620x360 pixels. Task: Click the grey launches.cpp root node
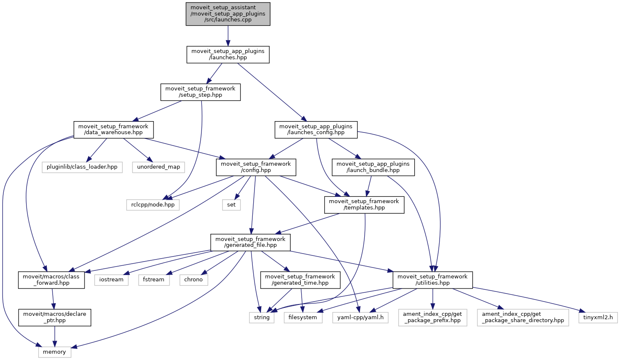pos(228,14)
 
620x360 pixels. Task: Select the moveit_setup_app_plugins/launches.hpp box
pos(228,55)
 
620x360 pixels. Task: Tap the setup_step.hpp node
pos(200,92)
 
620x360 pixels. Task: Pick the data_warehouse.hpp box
pos(113,130)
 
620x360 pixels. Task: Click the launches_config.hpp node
pos(316,130)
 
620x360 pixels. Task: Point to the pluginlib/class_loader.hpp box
pos(82,167)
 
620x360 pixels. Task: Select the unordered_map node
pos(159,167)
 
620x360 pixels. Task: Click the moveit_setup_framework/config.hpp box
pos(256,167)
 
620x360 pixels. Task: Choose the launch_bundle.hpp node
pos(373,167)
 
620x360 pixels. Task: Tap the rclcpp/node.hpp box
pos(153,205)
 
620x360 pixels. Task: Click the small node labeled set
pos(231,205)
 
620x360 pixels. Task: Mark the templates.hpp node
pos(364,204)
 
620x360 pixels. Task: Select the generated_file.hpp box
pos(250,242)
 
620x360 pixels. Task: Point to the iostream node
pos(111,280)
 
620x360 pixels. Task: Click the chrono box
pos(193,280)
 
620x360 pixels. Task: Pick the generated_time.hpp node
pos(300,280)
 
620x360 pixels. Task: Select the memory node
pos(54,352)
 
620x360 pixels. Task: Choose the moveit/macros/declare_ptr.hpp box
pos(55,317)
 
